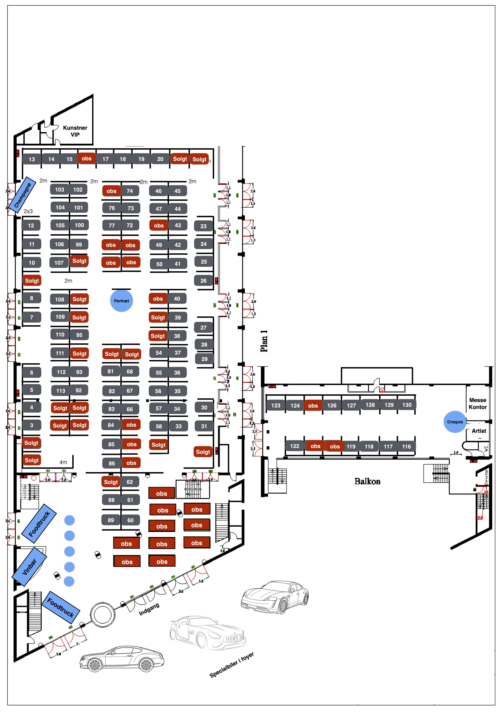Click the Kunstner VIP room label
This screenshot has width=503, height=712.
pos(75,131)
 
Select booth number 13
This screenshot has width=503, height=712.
pos(32,159)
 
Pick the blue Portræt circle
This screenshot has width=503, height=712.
pos(122,301)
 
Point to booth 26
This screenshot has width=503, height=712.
pos(203,281)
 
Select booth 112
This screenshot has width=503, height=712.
pos(61,372)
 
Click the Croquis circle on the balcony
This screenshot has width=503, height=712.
pos(455,422)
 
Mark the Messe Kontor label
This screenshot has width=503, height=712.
pos(478,404)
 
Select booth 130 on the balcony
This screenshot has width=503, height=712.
pos(407,405)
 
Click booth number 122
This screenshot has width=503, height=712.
pos(294,446)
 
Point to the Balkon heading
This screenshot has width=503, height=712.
pos(367,481)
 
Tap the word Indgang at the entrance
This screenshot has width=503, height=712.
pos(149,609)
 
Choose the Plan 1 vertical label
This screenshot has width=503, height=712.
pos(264,341)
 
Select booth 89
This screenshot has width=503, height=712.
pos(111,520)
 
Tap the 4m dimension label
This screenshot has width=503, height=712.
pos(63,462)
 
